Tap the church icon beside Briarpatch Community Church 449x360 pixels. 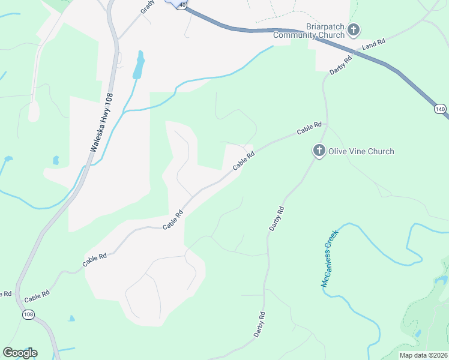[354, 29]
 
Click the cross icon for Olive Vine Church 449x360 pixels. [319, 151]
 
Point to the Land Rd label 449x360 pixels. [373, 44]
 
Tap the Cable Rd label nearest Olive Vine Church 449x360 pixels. [310, 128]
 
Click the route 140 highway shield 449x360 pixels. [440, 109]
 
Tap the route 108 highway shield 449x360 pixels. [28, 314]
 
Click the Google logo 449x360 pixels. [20, 353]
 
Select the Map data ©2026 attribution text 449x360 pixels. [423, 355]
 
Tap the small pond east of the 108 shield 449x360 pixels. [71, 319]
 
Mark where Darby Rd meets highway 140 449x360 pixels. [355, 52]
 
